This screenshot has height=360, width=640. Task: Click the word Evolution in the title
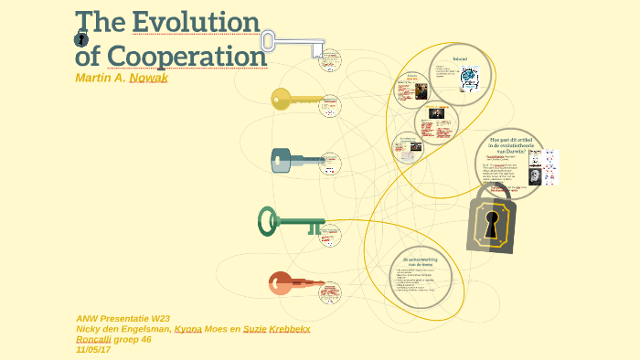pyautogui.click(x=196, y=22)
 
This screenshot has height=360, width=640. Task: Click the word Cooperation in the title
pyautogui.click(x=187, y=56)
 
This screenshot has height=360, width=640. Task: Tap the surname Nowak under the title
pyautogui.click(x=149, y=78)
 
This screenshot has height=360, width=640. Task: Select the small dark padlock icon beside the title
pyautogui.click(x=81, y=38)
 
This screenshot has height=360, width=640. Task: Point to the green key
pyautogui.click(x=291, y=221)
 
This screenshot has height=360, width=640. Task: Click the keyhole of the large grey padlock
pyautogui.click(x=491, y=225)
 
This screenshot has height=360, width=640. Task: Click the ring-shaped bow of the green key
pyautogui.click(x=267, y=220)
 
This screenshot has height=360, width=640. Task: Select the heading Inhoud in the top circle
pyautogui.click(x=460, y=59)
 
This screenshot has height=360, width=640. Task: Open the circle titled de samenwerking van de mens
pyautogui.click(x=420, y=275)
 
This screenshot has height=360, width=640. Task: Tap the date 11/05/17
pyautogui.click(x=93, y=349)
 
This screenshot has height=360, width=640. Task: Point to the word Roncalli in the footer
pyautogui.click(x=93, y=339)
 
